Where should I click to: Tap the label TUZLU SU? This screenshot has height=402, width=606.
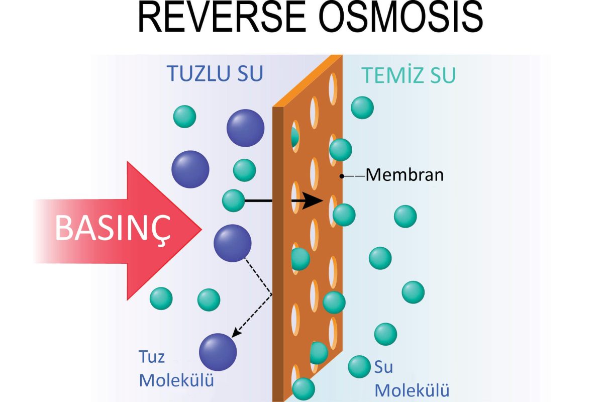215,74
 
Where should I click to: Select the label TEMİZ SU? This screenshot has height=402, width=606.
409,75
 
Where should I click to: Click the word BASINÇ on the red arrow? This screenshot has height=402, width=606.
113,229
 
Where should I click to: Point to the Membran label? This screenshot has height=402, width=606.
405,175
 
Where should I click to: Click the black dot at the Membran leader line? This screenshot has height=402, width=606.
342,176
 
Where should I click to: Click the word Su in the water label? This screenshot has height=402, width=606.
383,367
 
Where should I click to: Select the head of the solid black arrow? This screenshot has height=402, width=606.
315,201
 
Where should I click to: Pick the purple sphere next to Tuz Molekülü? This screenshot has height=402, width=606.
218,352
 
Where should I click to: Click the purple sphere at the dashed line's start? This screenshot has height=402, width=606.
232,243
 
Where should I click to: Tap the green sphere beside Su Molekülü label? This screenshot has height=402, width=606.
359,366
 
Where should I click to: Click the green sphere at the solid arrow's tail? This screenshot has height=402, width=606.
233,200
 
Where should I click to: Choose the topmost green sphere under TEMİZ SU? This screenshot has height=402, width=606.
362,107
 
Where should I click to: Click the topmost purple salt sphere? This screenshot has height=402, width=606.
245,128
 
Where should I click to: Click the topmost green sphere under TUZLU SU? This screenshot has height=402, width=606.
185,117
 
